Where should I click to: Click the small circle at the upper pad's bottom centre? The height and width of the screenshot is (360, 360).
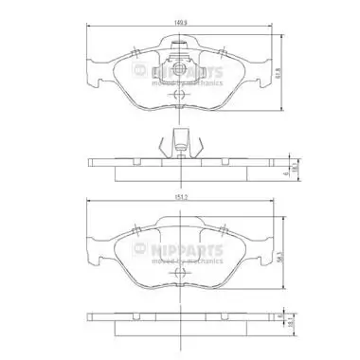(177, 98)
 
